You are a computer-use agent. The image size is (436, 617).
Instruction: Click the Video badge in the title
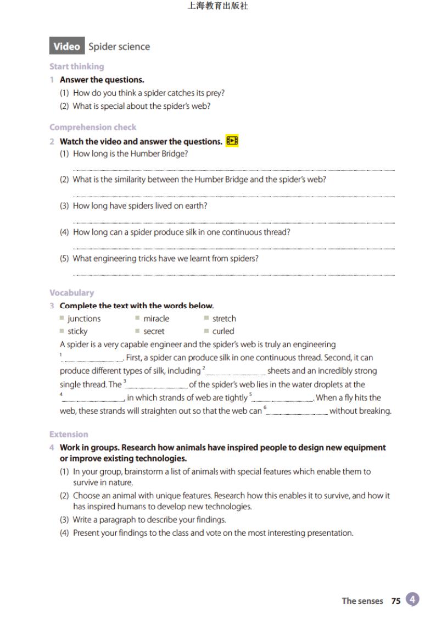[66, 47]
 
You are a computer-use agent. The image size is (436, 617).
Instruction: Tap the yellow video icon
[232, 141]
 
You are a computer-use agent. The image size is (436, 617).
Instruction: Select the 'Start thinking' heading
[76, 66]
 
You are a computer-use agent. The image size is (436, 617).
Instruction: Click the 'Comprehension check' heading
[93, 127]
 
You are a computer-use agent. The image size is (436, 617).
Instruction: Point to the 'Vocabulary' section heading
[71, 293]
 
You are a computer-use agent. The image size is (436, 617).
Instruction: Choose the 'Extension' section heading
[69, 434]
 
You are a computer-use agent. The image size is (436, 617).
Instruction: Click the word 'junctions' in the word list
[84, 319]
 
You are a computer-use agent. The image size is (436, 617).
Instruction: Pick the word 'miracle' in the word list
[156, 319]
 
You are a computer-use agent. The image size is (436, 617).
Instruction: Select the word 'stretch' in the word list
[224, 319]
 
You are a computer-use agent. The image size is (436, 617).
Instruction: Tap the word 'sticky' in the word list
[77, 331]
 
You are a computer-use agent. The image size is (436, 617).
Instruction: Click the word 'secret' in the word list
[154, 331]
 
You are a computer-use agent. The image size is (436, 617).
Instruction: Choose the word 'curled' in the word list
[223, 331]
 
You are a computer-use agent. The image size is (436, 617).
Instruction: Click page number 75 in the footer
[396, 601]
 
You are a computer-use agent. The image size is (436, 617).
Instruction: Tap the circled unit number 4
[413, 599]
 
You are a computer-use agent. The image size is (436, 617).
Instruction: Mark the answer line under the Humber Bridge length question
[233, 170]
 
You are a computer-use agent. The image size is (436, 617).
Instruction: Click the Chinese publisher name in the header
[218, 7]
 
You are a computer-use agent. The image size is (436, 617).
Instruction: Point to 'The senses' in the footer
[362, 601]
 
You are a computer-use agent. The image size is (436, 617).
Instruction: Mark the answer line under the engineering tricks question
[233, 275]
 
